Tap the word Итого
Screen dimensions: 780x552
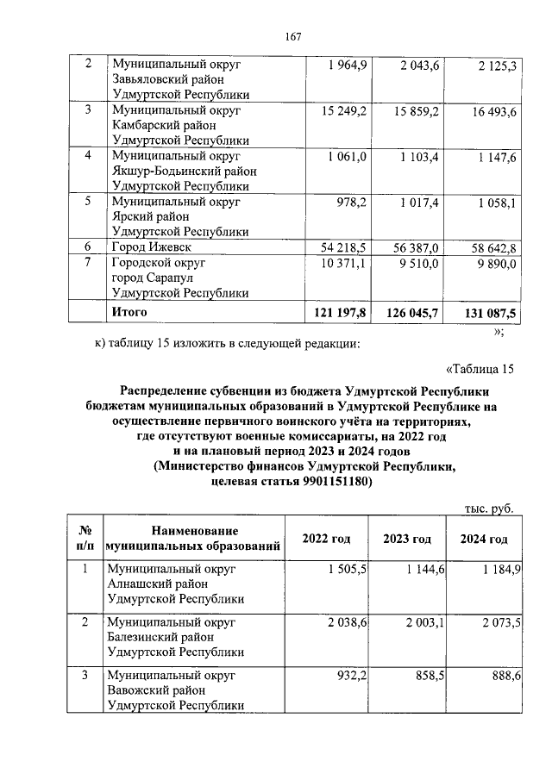pyautogui.click(x=130, y=311)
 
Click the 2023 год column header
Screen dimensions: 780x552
pyautogui.click(x=407, y=539)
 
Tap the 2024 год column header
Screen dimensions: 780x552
pyautogui.click(x=483, y=539)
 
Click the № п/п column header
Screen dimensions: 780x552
pyautogui.click(x=85, y=539)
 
